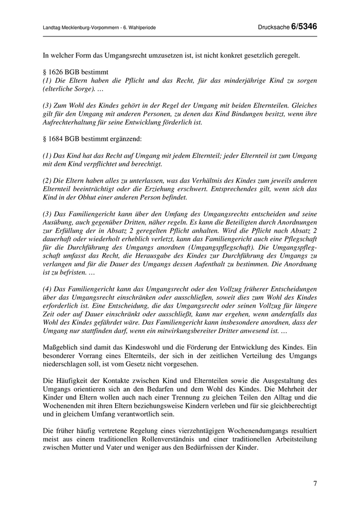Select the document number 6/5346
click(304, 27)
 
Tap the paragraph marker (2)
click(48, 180)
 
